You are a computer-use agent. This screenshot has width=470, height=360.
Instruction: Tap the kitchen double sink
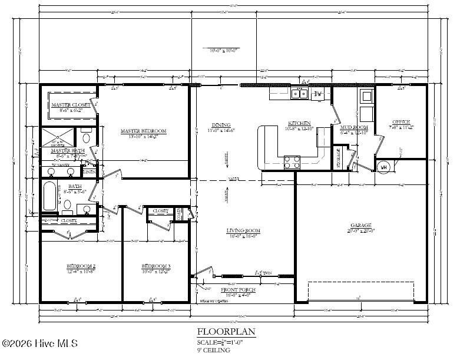[299, 93]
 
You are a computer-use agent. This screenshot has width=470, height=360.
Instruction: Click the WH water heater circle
[384, 167]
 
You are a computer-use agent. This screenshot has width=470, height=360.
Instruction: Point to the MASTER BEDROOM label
[143, 131]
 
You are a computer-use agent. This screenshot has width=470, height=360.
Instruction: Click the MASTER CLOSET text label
[71, 105]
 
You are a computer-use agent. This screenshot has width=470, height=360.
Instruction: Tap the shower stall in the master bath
[58, 138]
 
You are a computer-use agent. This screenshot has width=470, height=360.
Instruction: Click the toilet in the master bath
[86, 138]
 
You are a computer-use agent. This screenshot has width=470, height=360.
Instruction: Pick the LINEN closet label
[89, 172]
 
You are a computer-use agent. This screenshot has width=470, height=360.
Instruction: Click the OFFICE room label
[402, 122]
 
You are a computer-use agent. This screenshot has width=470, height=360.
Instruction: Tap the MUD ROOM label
[354, 127]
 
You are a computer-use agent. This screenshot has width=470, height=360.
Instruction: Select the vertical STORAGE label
[338, 158]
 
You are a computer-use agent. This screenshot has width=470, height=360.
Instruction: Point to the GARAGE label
[361, 225]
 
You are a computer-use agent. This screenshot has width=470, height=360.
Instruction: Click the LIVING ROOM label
[243, 230]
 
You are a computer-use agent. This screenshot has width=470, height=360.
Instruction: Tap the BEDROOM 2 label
[81, 266]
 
